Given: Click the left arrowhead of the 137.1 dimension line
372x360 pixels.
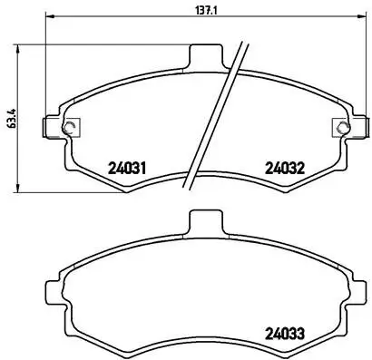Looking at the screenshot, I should pos(49,16).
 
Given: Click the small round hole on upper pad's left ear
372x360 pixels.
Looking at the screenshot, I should pos(70,126).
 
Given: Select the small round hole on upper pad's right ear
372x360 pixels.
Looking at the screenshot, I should pos(339,126).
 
